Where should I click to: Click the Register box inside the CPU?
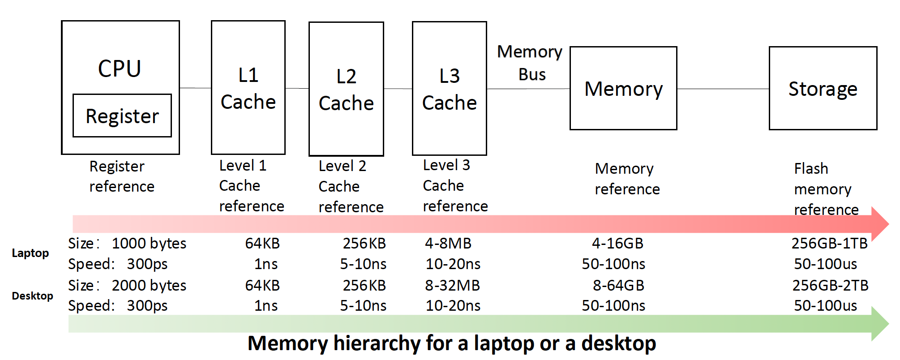pyautogui.click(x=122, y=116)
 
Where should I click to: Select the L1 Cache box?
pyautogui.click(x=248, y=88)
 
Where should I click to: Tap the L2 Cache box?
pyautogui.click(x=346, y=89)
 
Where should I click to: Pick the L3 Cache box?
pyautogui.click(x=449, y=89)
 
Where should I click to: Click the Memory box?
pyautogui.click(x=623, y=89)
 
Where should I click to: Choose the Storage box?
pyautogui.click(x=823, y=89)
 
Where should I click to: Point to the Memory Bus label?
pyautogui.click(x=531, y=63)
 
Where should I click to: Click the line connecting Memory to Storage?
pyautogui.click(x=723, y=89)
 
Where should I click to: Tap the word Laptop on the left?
pyautogui.click(x=30, y=253)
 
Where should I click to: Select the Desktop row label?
pyautogui.click(x=32, y=296)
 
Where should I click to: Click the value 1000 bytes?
pyautogui.click(x=149, y=244)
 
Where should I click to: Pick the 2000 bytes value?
pyautogui.click(x=149, y=286)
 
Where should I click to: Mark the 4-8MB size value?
pyautogui.click(x=448, y=244)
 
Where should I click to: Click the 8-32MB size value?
pyautogui.click(x=452, y=286)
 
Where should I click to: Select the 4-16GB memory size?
pyautogui.click(x=617, y=244)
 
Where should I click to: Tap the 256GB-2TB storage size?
pyautogui.click(x=830, y=286)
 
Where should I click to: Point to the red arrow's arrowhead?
pyautogui.click(x=880, y=224)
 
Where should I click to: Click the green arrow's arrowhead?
pyautogui.click(x=880, y=324)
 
